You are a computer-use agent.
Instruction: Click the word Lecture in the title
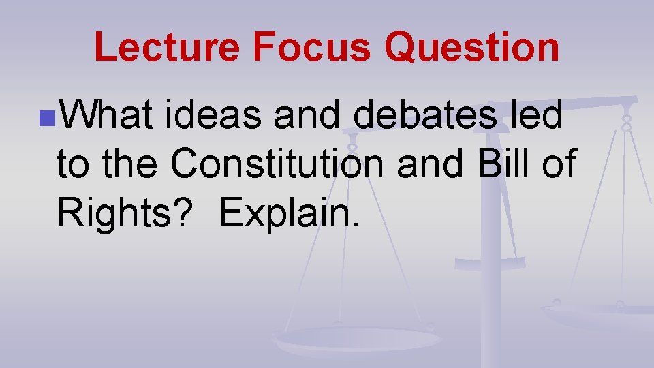(x=168, y=47)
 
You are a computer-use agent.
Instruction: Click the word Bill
(x=499, y=166)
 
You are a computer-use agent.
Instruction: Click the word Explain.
(x=289, y=214)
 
